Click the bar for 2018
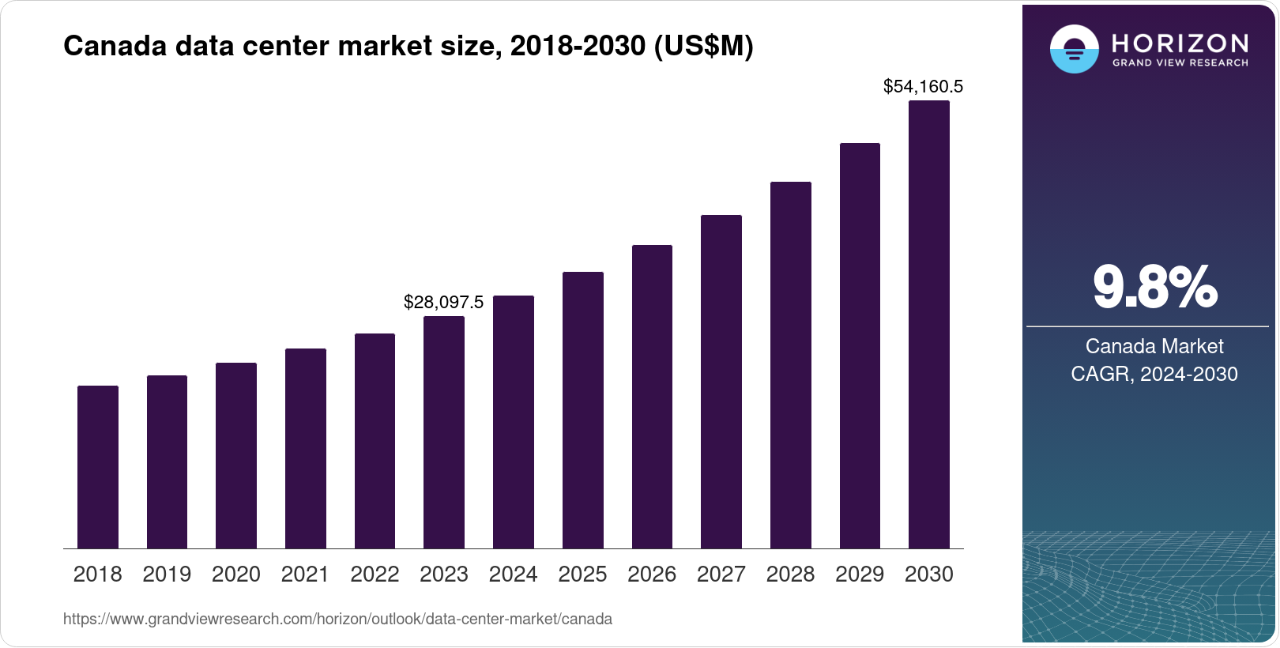click(98, 467)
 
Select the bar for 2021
click(306, 448)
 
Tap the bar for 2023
click(444, 432)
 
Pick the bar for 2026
click(652, 397)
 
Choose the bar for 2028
click(791, 365)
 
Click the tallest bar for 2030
click(929, 324)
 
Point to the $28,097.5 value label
click(443, 302)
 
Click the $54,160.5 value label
click(923, 86)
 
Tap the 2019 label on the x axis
click(167, 575)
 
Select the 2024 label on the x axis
click(513, 575)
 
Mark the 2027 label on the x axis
click(721, 575)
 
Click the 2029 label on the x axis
click(860, 575)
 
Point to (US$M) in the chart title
click(703, 46)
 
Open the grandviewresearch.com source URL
click(337, 619)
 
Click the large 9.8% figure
click(1154, 288)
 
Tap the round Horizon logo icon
click(1074, 50)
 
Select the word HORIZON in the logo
click(1180, 43)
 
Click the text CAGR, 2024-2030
click(1154, 374)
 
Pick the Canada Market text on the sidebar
click(1154, 346)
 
